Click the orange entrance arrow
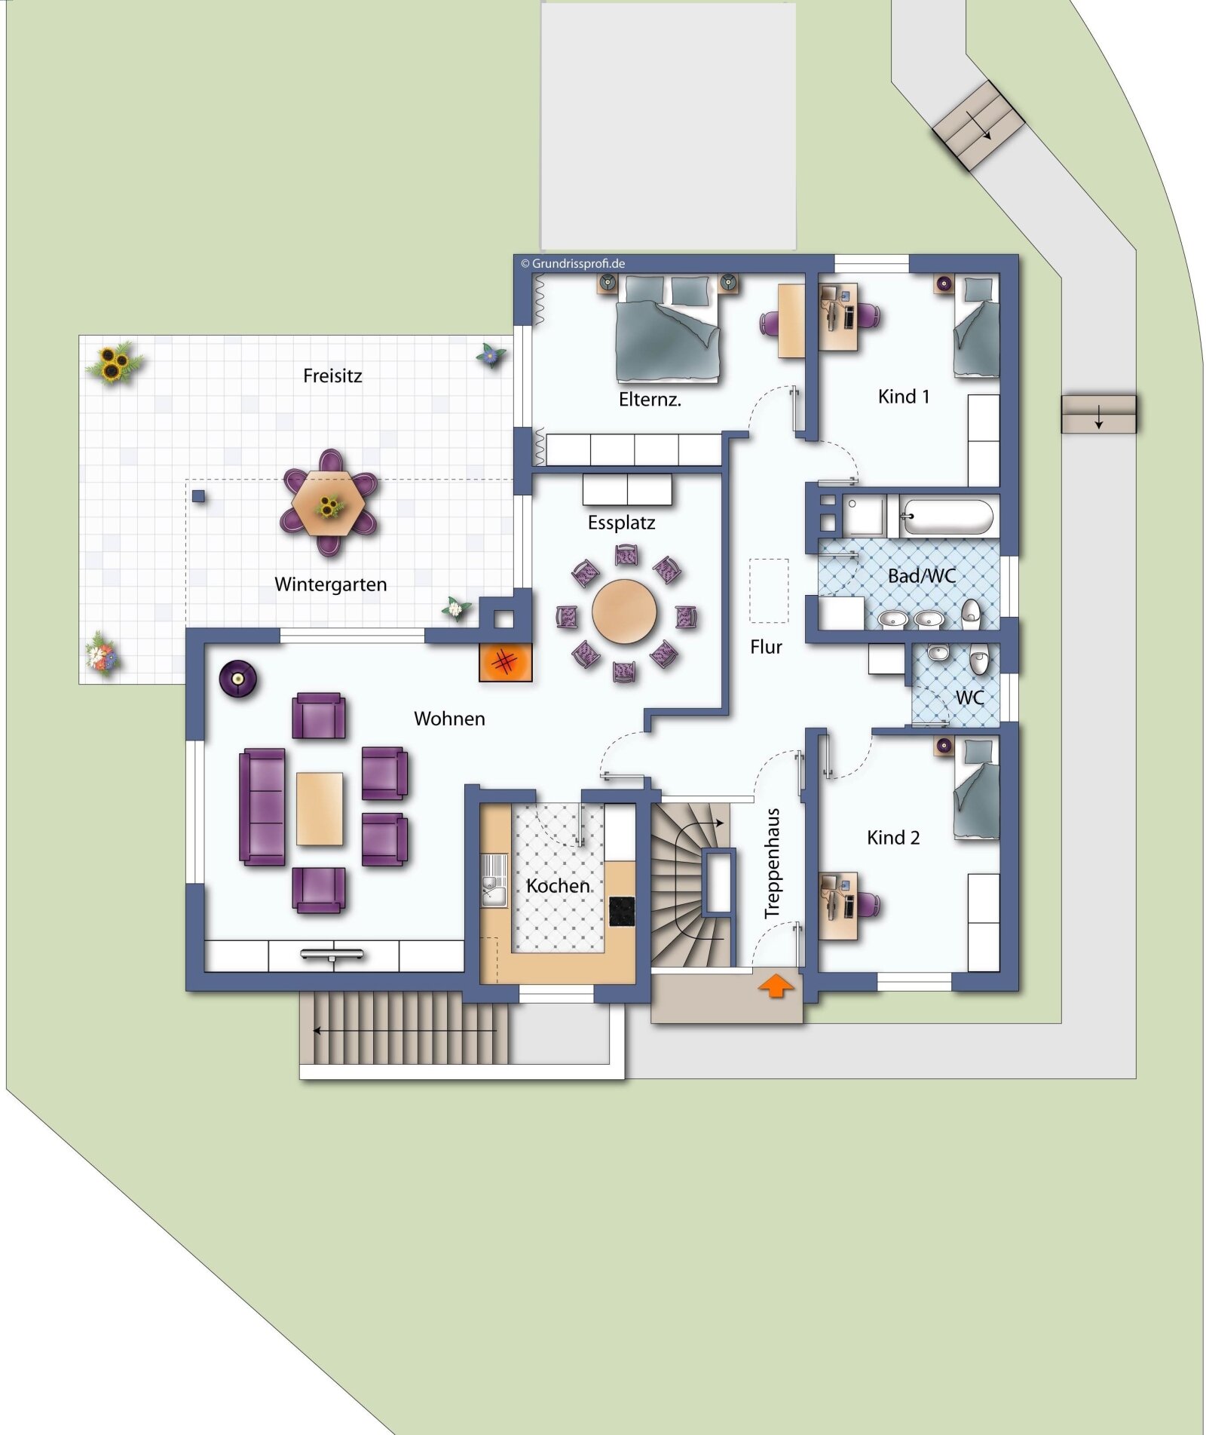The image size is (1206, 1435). (x=776, y=986)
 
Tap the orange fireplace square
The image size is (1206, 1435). (x=505, y=663)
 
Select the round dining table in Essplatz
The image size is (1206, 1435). (x=624, y=611)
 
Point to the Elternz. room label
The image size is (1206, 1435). (x=650, y=400)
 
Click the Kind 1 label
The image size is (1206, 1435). (x=904, y=397)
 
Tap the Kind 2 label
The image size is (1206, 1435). (x=893, y=838)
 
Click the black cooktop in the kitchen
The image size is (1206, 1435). (x=622, y=911)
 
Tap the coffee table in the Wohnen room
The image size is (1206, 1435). (x=320, y=808)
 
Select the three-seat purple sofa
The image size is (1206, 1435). (x=262, y=806)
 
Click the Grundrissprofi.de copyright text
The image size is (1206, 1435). (x=573, y=264)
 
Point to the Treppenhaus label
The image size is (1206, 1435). (x=772, y=863)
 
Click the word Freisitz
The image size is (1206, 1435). (x=332, y=376)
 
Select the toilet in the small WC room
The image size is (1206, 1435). (x=978, y=659)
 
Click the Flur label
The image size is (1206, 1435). (x=766, y=647)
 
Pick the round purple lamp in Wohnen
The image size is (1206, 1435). (x=238, y=679)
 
